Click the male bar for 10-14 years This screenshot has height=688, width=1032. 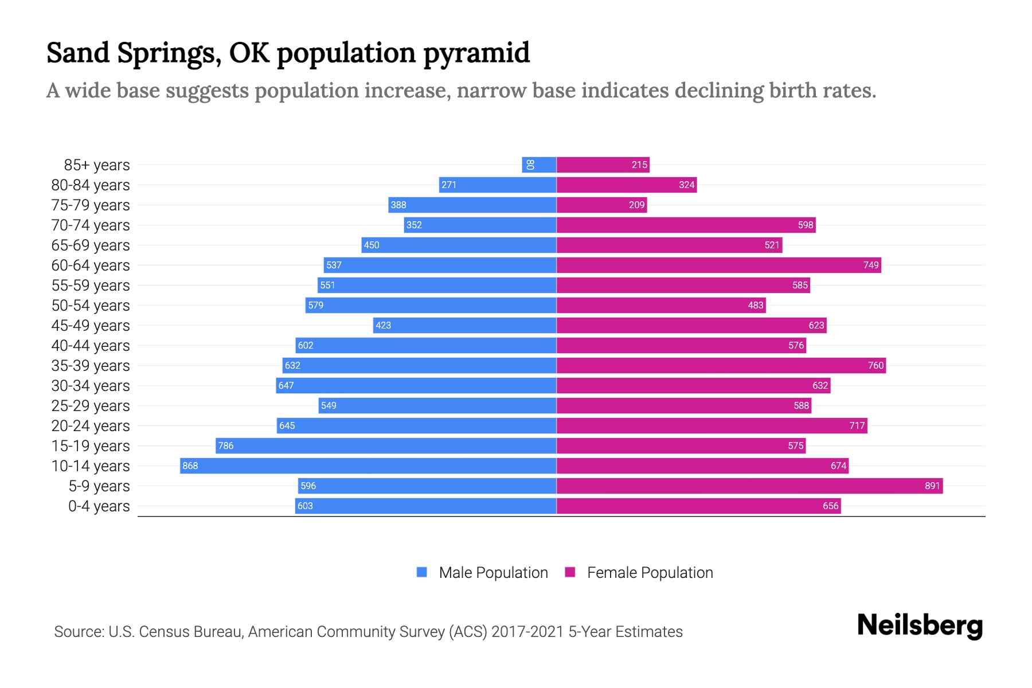point(368,466)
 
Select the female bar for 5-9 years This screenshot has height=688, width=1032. point(749,486)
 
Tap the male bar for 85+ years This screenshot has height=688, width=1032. point(540,165)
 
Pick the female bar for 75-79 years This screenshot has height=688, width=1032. point(601,205)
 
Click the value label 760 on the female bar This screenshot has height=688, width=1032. point(875,366)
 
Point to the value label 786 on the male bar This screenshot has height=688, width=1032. point(226,446)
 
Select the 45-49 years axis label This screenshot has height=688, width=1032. point(91,326)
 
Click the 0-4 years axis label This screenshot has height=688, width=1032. point(99,506)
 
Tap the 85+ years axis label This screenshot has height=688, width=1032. point(97,165)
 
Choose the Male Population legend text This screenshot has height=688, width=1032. point(493,573)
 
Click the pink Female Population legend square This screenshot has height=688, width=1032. point(570,572)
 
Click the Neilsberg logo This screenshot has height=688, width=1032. point(920,626)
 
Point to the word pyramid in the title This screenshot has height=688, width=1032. point(476,53)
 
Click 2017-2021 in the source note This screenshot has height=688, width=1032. point(527,632)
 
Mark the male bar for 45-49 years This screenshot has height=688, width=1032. point(464,326)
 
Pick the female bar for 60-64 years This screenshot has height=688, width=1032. point(718,265)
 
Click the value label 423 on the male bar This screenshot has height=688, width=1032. point(383,326)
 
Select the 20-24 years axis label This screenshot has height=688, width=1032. point(91,426)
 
